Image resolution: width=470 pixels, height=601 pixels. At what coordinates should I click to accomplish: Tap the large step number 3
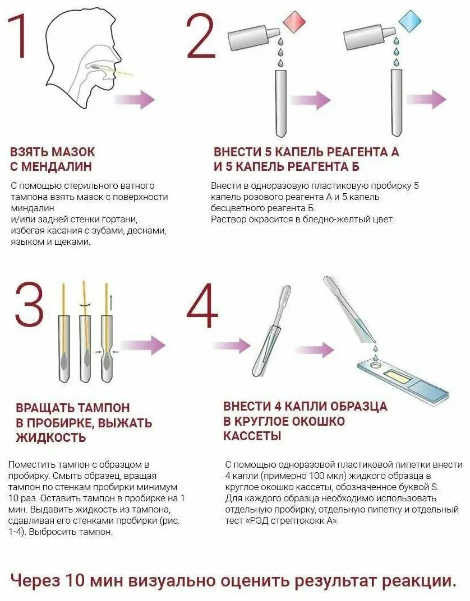point(29,305)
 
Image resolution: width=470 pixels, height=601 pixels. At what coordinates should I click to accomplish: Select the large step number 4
point(202,307)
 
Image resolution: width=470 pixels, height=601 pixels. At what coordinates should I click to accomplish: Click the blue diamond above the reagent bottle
point(409,23)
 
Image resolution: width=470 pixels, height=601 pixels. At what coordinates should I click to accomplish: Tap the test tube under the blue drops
point(396,101)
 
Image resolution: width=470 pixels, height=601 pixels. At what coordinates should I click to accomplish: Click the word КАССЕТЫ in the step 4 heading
point(252,436)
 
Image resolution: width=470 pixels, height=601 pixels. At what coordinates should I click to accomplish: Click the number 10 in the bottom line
point(75,580)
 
